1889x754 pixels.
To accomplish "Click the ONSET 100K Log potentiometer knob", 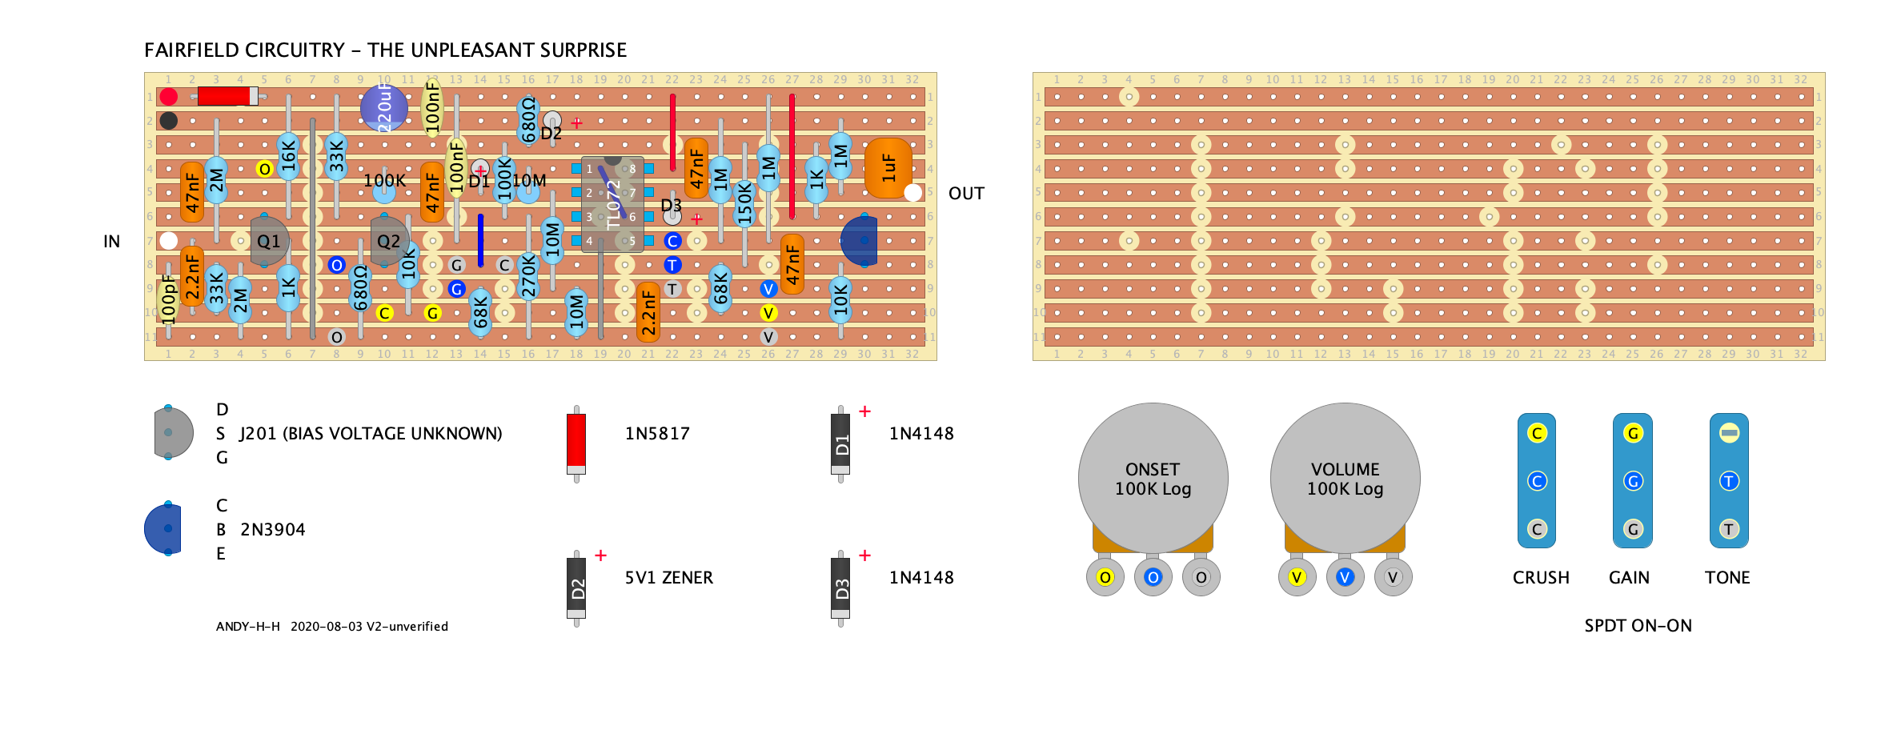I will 1153,478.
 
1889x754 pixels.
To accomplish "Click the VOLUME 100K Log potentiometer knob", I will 1345,478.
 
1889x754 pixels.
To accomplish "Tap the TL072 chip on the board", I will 612,204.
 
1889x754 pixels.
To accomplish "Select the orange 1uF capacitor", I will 888,167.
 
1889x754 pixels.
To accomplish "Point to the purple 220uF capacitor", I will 383,107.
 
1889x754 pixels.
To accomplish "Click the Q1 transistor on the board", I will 269,240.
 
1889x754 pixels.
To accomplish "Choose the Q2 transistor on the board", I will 389,240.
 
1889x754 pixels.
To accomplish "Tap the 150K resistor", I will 744,203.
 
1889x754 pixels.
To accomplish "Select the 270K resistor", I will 528,275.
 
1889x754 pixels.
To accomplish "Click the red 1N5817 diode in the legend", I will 576,440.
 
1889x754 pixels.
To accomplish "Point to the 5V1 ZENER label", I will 668,577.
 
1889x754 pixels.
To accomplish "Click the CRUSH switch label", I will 1541,577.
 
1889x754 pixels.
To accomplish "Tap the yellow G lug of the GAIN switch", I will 1633,433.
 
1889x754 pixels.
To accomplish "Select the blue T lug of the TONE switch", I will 1729,481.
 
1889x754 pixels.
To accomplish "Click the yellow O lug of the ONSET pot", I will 1105,577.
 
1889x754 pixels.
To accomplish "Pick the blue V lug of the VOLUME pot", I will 1345,577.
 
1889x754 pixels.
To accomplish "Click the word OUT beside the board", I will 966,194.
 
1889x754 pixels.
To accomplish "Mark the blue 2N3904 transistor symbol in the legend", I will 164,528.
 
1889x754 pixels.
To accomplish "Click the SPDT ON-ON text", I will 1638,625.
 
